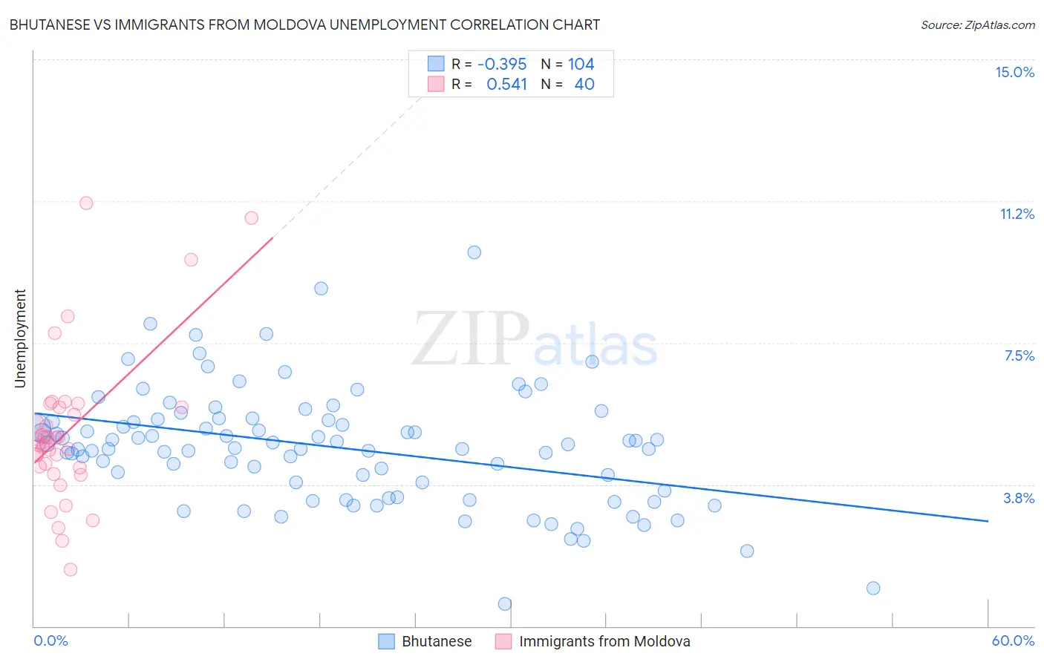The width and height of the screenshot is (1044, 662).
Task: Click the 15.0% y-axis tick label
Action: pos(1014,72)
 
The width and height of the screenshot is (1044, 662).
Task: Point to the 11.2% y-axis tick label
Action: pos(1017,214)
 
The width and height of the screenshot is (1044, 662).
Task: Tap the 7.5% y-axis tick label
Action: pos(1019,355)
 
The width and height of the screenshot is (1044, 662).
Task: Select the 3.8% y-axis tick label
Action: pos(1019,498)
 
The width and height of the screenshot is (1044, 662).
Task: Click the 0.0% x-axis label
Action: pos(50,640)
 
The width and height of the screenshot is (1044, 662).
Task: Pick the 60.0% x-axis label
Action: pos(1013,640)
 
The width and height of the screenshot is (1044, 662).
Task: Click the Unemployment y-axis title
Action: pos(20,338)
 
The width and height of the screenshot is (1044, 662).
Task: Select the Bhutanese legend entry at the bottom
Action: pos(436,641)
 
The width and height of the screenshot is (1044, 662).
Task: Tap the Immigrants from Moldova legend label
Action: pos(604,641)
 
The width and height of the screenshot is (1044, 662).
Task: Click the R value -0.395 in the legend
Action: pos(502,64)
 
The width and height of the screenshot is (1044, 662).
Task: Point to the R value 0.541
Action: pos(506,85)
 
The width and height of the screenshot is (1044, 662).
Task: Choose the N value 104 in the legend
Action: pos(581,64)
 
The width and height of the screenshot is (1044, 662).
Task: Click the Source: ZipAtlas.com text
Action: pos(977,24)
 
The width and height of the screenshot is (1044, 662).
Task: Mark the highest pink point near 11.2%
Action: pos(86,203)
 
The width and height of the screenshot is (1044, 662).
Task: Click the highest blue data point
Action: pos(474,252)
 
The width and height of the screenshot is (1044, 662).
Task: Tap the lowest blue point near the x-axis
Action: pos(505,604)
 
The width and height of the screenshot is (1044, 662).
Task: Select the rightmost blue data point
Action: pos(873,588)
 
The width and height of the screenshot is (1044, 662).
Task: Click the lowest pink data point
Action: pos(71,569)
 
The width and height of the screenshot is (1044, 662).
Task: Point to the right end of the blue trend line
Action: pos(988,521)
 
